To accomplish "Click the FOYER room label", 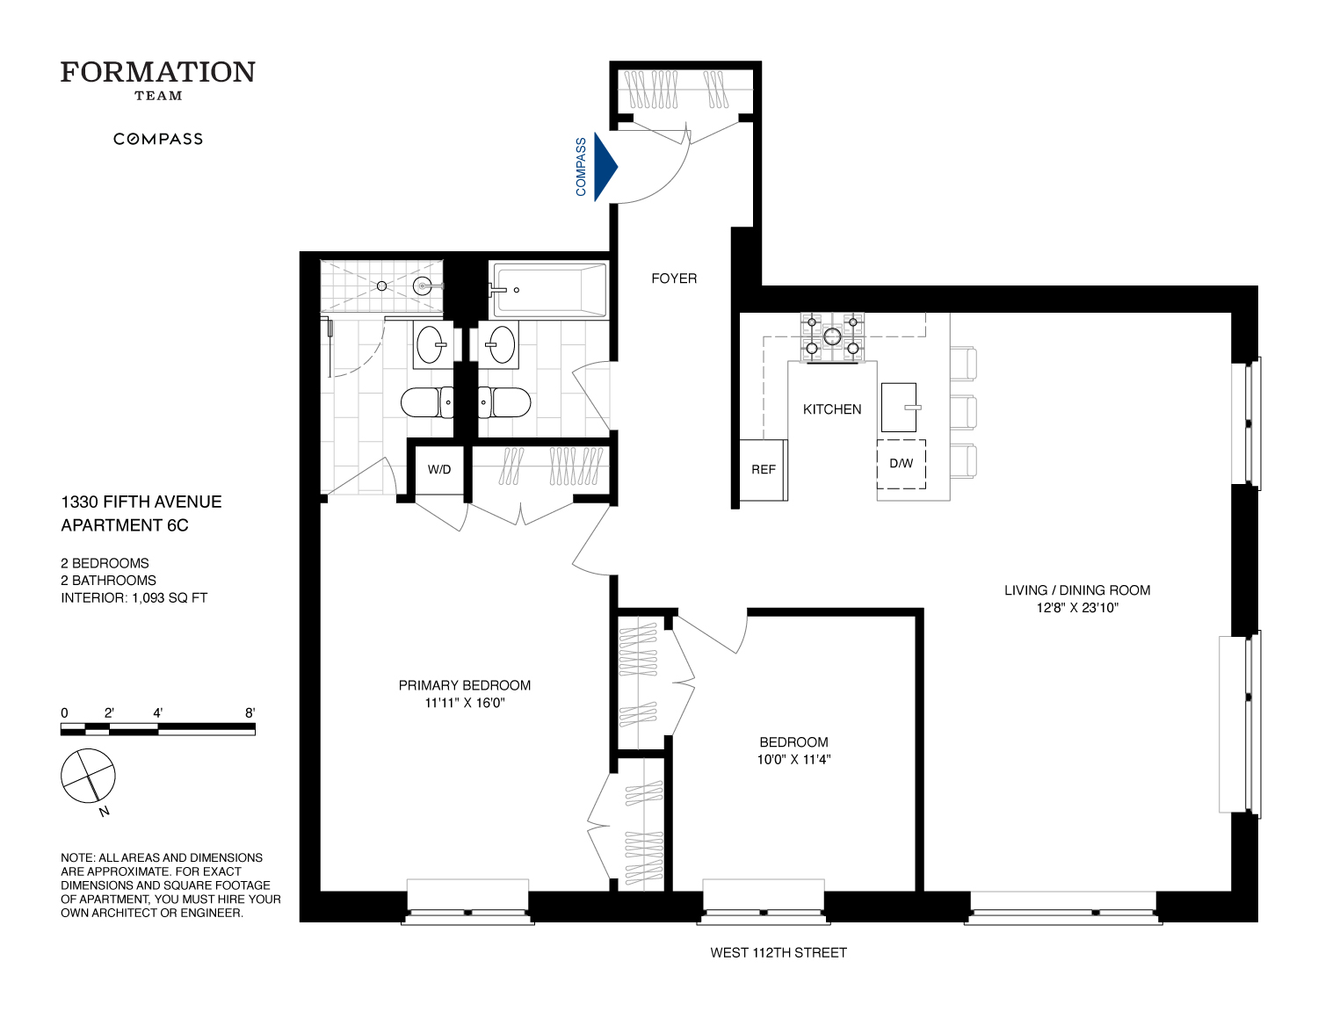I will pos(674,278).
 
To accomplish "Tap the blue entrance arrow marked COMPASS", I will pos(605,167).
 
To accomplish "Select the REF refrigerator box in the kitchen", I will pos(763,470).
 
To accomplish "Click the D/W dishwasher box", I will pos(901,463).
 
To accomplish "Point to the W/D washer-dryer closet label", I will pos(439,469).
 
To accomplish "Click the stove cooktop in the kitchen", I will pos(831,336).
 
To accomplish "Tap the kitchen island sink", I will pos(899,407).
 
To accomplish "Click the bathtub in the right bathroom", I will pos(550,289).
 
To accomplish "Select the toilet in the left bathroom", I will pos(426,402).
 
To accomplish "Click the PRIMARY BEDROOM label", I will pos(464,685).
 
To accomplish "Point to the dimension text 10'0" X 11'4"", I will pos(793,759).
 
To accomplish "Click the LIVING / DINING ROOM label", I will pos(1076,590).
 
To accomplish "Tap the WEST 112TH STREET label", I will pos(778,952).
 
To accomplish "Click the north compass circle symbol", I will pos(88,776).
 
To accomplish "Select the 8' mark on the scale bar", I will pos(250,713).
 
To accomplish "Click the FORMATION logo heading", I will pos(158,72).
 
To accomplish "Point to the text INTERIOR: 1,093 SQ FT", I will pos(134,597).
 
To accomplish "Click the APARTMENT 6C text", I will pos(125,525).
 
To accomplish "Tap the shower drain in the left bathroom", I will pos(381,285).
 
